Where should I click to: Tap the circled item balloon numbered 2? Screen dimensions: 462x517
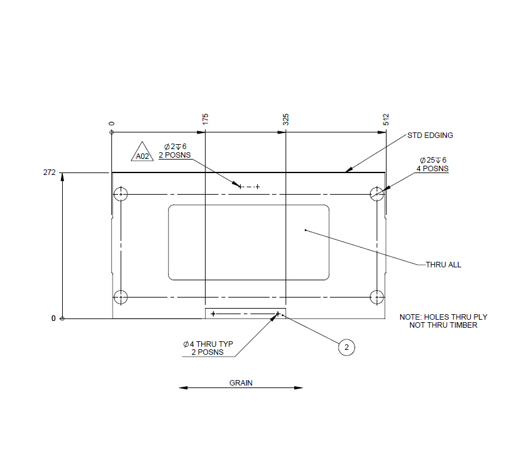point(347,347)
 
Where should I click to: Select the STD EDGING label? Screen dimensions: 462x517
point(430,136)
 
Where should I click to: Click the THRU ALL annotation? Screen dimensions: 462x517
point(443,265)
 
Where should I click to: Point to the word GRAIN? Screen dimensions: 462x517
point(241,383)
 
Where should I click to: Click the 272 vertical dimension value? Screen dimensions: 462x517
point(49,173)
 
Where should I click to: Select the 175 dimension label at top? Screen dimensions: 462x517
point(206,119)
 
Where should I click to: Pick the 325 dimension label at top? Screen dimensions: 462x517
point(286,119)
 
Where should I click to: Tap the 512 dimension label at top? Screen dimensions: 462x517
point(387,119)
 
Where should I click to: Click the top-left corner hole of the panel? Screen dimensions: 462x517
point(121,195)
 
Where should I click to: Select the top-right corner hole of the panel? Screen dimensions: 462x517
point(377,195)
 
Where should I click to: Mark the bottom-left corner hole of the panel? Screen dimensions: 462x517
point(121,298)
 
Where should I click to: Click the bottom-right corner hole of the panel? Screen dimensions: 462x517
point(377,298)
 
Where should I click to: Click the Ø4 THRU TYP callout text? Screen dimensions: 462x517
point(208,348)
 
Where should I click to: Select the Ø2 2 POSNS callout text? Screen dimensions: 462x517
point(175,151)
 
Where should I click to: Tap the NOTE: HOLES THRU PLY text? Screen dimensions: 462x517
point(443,321)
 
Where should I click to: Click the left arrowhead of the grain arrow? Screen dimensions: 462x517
point(182,388)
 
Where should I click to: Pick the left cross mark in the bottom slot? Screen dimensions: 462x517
point(213,314)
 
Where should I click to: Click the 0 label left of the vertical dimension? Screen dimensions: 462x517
point(54,318)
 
